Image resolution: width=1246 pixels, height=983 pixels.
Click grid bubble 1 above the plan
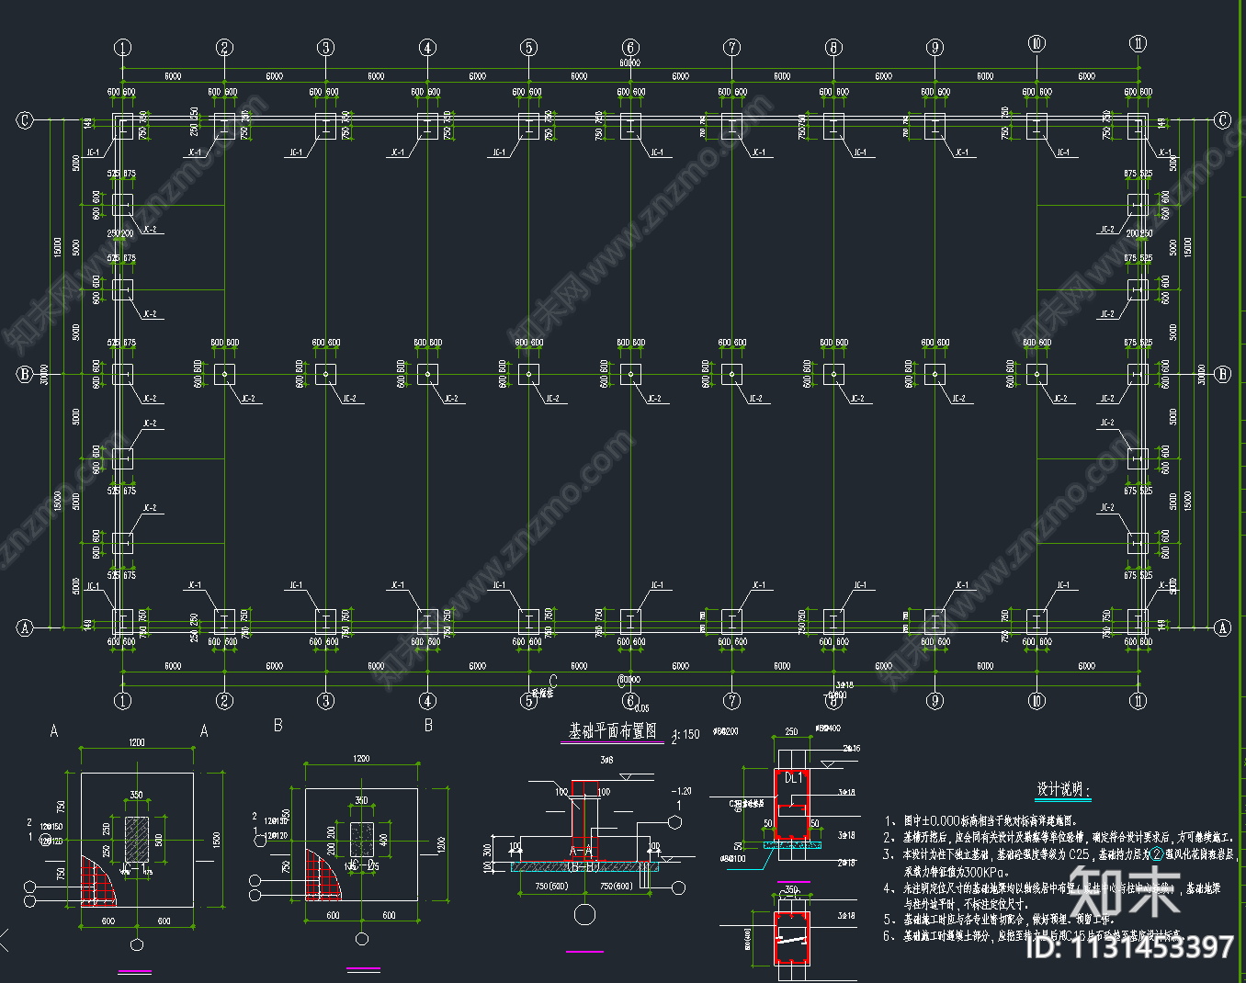[x=123, y=48]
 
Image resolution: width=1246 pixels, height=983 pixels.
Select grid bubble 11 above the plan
[x=1138, y=44]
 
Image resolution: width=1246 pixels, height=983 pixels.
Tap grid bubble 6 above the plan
[x=630, y=48]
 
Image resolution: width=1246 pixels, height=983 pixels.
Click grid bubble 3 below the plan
[x=326, y=701]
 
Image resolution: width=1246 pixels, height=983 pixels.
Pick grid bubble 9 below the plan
[x=935, y=701]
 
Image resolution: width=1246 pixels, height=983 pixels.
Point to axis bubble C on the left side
[x=25, y=120]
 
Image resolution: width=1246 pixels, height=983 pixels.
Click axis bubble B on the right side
[x=1222, y=374]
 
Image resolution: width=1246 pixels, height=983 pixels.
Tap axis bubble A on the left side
[x=25, y=627]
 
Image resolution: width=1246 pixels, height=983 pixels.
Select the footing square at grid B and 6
[x=630, y=374]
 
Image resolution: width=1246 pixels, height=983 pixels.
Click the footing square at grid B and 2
[x=224, y=374]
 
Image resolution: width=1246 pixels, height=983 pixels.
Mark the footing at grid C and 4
[x=427, y=127]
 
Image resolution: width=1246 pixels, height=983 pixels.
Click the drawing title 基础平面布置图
[x=613, y=731]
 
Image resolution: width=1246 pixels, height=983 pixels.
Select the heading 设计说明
[x=1063, y=789]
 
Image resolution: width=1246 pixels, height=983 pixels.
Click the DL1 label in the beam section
[x=793, y=778]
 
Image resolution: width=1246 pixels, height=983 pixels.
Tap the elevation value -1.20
[x=681, y=791]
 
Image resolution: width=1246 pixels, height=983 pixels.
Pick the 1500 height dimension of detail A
[x=217, y=840]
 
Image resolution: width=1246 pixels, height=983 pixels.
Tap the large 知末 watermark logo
[x=1126, y=890]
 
